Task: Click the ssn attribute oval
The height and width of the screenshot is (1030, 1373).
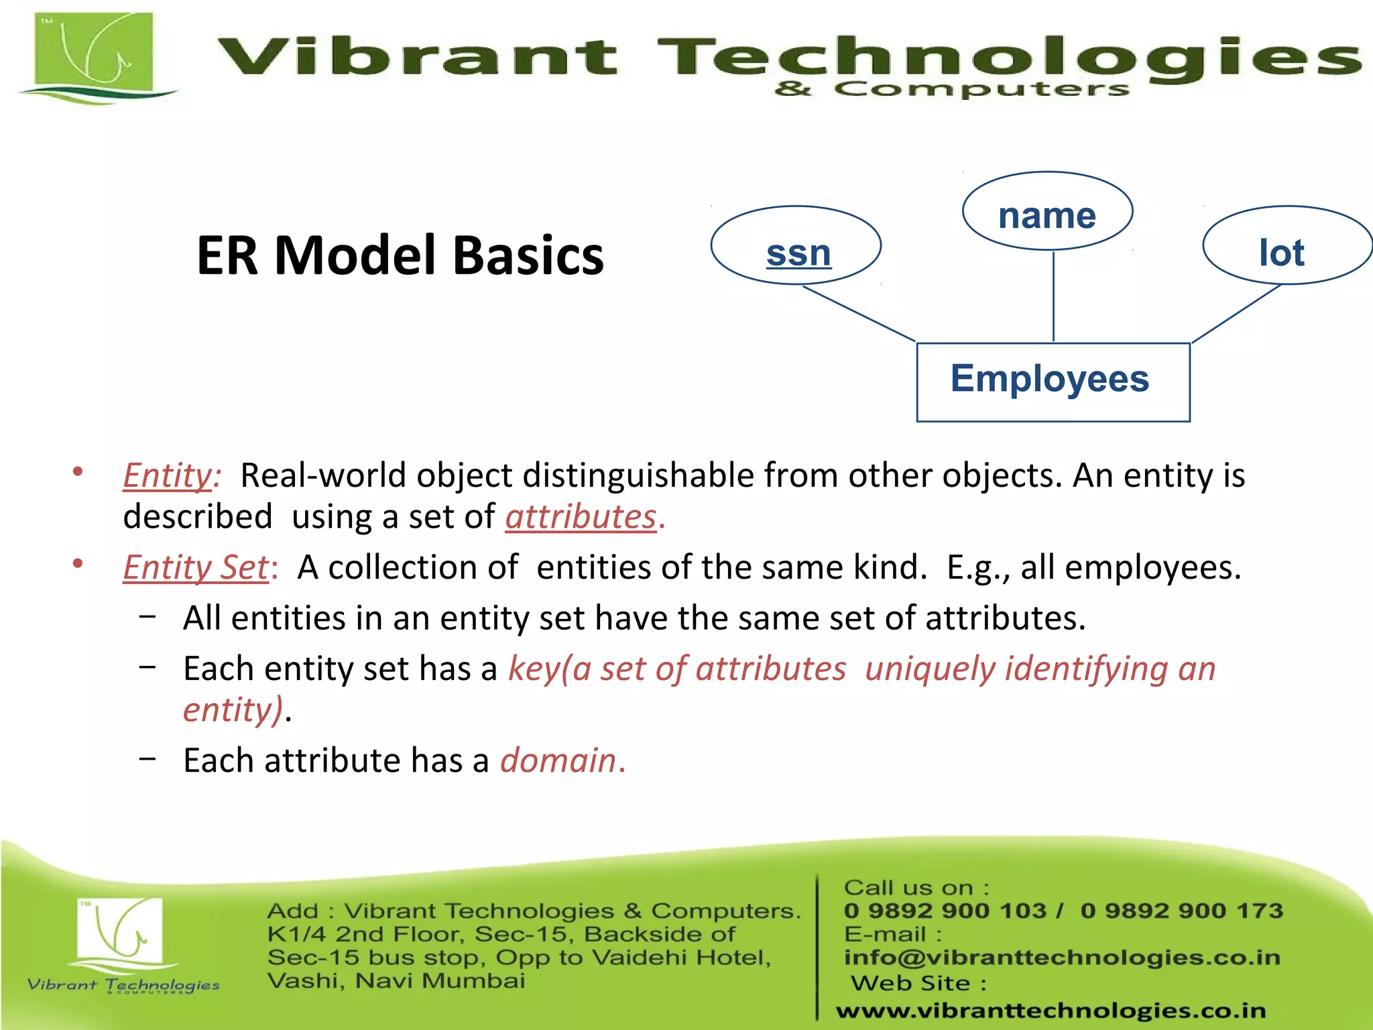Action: point(796,246)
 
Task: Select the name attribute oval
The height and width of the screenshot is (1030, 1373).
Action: point(1047,212)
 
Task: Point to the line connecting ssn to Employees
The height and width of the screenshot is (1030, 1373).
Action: point(859,313)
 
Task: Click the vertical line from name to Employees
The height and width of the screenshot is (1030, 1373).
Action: point(1053,296)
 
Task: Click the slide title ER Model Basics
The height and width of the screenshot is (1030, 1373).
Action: point(400,255)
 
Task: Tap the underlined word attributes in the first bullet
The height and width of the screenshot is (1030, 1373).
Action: point(581,517)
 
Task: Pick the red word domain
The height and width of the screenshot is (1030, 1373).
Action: point(558,760)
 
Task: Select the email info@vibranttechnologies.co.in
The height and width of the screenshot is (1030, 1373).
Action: point(1062,958)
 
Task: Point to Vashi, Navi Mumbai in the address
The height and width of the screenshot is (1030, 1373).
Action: point(396,981)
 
